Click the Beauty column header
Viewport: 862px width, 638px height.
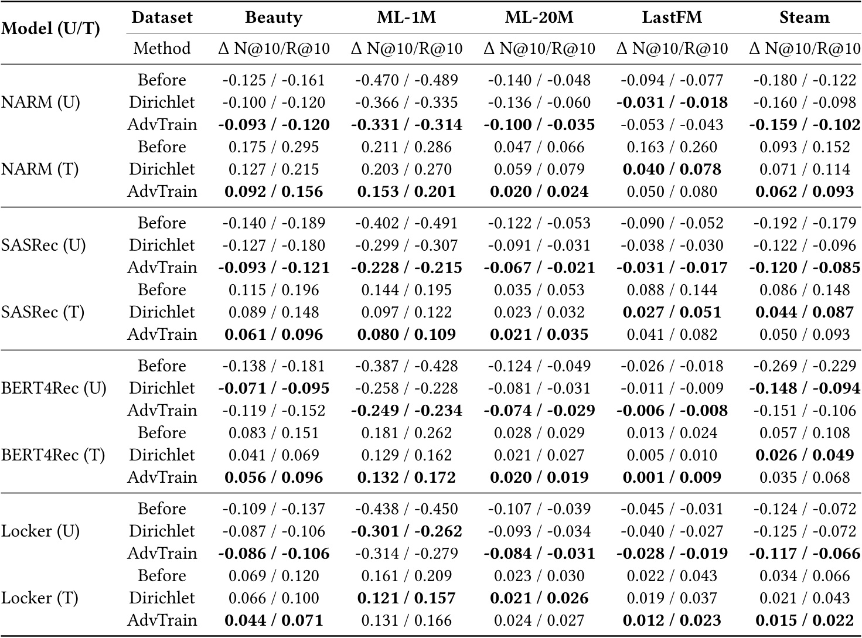(x=273, y=18)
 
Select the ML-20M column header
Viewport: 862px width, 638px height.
(x=539, y=18)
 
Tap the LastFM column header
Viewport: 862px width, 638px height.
(x=672, y=18)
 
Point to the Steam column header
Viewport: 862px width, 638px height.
(x=804, y=18)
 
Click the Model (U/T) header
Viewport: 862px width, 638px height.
(x=51, y=29)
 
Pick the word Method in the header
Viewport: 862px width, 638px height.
(x=162, y=48)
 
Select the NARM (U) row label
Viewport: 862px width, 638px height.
(x=40, y=103)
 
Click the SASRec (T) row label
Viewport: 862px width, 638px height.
(x=43, y=312)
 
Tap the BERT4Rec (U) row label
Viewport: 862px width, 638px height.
(x=54, y=388)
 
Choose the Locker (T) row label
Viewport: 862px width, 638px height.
(x=39, y=598)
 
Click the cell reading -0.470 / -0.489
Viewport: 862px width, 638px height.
(x=406, y=80)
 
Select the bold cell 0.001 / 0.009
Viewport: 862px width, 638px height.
(x=672, y=477)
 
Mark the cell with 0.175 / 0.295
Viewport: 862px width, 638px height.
(x=273, y=147)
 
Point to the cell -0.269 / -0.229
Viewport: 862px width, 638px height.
(x=804, y=366)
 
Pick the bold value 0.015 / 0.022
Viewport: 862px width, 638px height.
(x=804, y=620)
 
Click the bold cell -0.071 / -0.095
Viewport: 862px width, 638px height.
(x=273, y=388)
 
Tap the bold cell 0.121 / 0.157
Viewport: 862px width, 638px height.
(x=406, y=598)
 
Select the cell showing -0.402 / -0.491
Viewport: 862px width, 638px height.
(x=406, y=223)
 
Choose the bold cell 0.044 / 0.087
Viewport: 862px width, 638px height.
(x=804, y=312)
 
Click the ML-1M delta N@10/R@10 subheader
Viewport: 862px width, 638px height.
(x=406, y=48)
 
